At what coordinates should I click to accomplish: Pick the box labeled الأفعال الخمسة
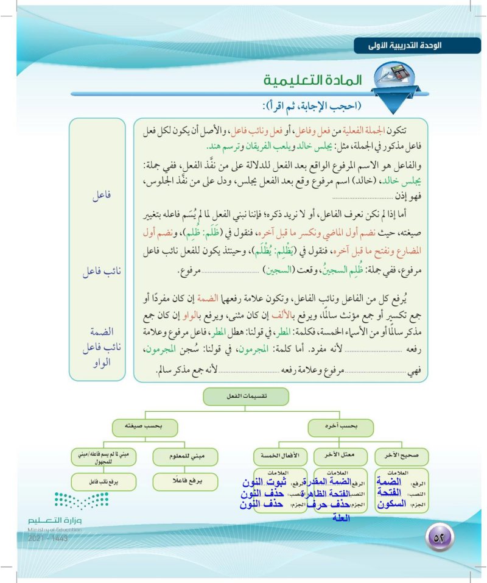pyautogui.click(x=279, y=454)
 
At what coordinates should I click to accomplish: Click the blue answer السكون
pyautogui.click(x=388, y=504)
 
